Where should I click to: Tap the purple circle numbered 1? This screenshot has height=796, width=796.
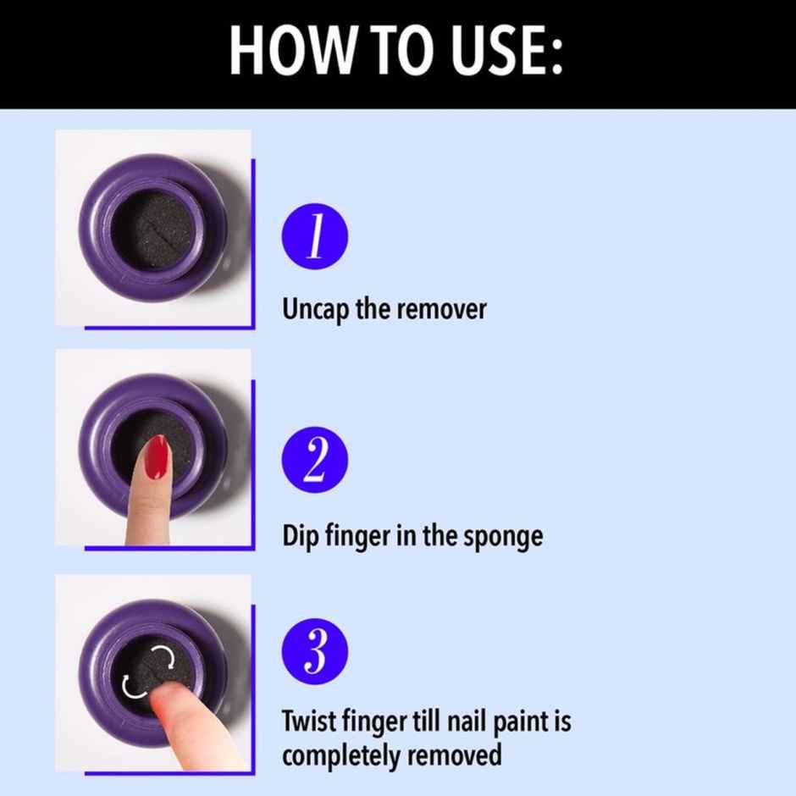click(315, 235)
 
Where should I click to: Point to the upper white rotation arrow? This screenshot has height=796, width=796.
click(163, 656)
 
